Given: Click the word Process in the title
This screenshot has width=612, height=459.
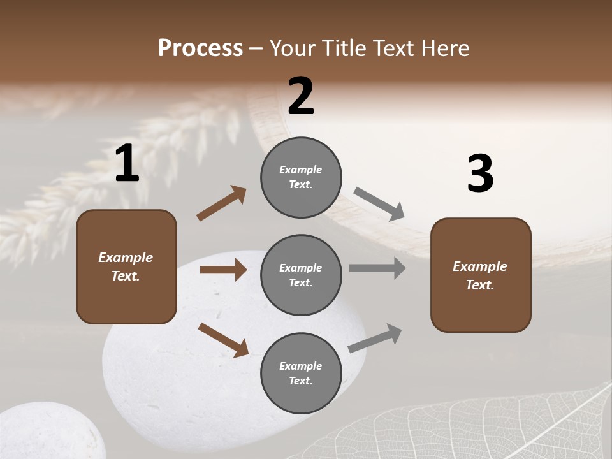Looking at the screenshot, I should click(200, 48).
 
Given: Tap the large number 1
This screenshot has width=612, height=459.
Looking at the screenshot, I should click(127, 164).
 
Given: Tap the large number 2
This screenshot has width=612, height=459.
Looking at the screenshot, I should click(301, 96).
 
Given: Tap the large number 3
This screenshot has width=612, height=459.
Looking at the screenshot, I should click(480, 174).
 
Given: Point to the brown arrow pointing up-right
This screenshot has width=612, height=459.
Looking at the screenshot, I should click(221, 203).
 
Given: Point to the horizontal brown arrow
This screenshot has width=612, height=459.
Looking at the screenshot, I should click(223, 270).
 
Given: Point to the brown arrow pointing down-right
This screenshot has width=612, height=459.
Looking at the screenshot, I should click(223, 339).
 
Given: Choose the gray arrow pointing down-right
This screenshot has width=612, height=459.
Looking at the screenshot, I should click(379, 204).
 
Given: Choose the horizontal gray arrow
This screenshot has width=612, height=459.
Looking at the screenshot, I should click(377, 268).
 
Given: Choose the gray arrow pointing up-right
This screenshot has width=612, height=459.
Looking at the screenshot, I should click(375, 339).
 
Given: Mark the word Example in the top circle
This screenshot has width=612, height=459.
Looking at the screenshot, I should click(300, 170).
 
